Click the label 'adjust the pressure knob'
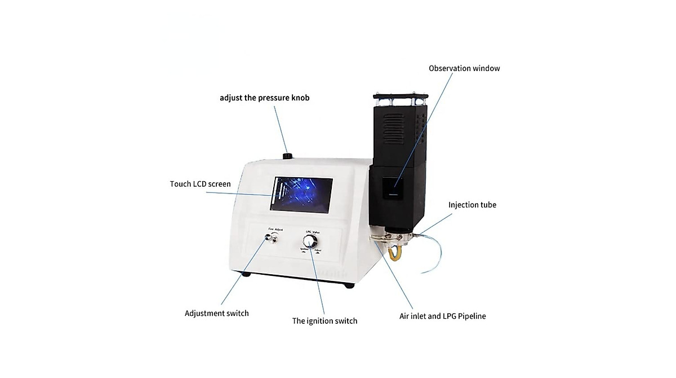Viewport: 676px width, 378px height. pos(264,98)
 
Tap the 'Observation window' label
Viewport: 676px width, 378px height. pos(464,68)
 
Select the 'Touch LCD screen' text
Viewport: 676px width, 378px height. pos(200,184)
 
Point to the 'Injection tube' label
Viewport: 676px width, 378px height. pos(472,205)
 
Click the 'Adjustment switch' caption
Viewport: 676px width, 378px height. pos(216,313)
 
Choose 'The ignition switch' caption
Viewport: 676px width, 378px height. pos(324,321)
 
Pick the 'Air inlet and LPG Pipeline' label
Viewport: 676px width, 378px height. pos(442,316)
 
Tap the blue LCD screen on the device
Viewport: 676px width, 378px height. pos(304,195)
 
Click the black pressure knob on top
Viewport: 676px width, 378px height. pos(288,156)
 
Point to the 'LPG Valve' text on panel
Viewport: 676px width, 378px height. pos(312,232)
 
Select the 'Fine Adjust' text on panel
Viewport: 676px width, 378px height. pos(275,229)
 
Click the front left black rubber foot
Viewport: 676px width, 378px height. pos(245,275)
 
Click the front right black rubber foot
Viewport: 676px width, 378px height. pos(349,285)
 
